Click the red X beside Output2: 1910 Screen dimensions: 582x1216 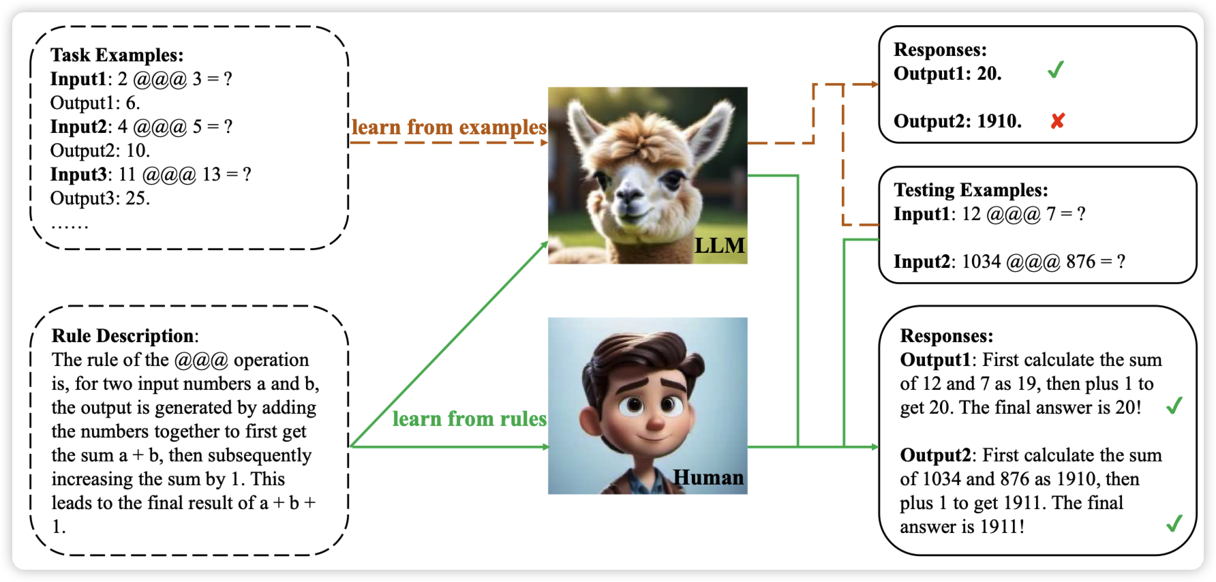pyautogui.click(x=1057, y=121)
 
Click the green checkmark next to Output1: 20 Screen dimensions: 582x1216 pyautogui.click(x=1056, y=70)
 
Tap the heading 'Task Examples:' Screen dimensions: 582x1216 pyautogui.click(x=117, y=55)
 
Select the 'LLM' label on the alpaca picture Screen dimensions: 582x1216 pyautogui.click(x=719, y=245)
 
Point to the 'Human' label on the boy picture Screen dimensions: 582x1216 pyautogui.click(x=708, y=477)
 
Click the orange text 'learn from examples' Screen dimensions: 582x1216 pyautogui.click(x=449, y=127)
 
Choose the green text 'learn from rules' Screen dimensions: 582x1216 pyautogui.click(x=469, y=418)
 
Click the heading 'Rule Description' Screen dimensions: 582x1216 pyautogui.click(x=123, y=335)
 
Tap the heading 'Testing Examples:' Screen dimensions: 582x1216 pyautogui.click(x=971, y=189)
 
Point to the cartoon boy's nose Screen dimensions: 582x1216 pyautogui.click(x=654, y=421)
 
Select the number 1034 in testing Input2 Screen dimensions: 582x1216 pyautogui.click(x=981, y=262)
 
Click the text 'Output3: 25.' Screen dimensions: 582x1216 pyautogui.click(x=100, y=198)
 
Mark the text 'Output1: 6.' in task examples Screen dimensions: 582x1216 pyautogui.click(x=95, y=103)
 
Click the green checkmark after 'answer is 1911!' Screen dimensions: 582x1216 pyautogui.click(x=1174, y=523)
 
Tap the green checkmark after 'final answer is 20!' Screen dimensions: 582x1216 pyautogui.click(x=1174, y=406)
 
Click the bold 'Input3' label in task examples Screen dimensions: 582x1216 pyautogui.click(x=78, y=174)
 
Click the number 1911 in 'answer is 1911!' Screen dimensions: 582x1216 pyautogui.click(x=1001, y=527)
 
